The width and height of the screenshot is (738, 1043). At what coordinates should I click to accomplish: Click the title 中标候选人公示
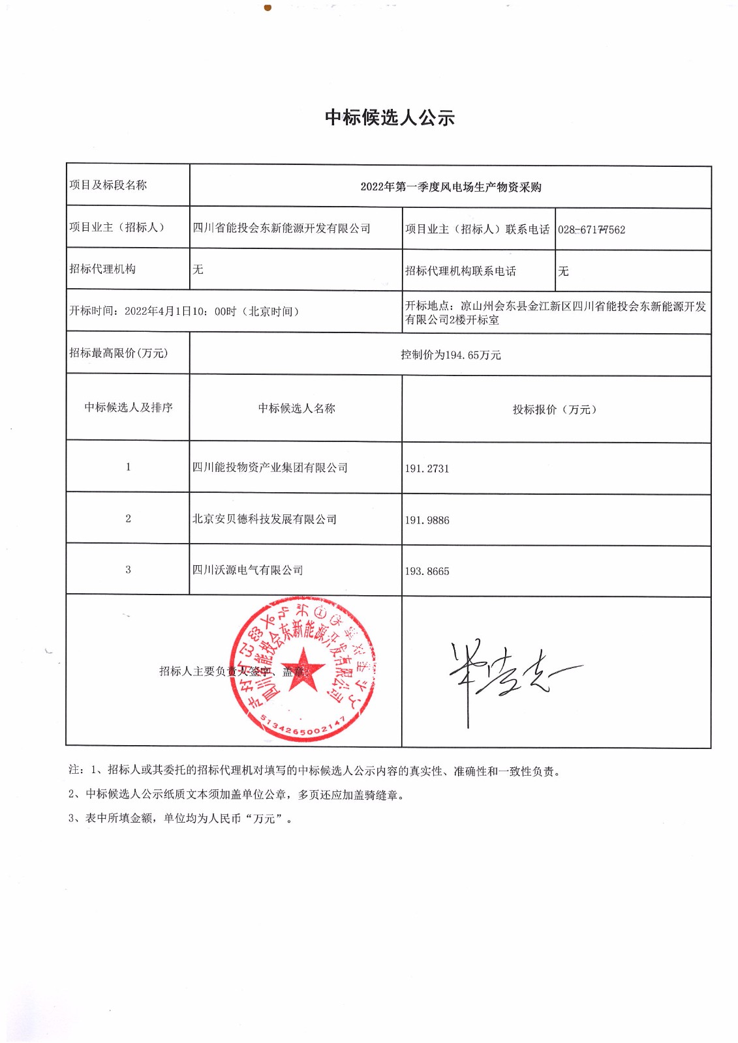pyautogui.click(x=390, y=118)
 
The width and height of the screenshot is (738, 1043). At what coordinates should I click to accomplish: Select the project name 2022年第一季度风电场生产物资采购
pyautogui.click(x=450, y=187)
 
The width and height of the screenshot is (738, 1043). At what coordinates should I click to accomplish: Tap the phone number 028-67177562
pyautogui.click(x=591, y=229)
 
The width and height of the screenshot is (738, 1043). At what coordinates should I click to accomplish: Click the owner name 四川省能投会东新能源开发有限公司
pyautogui.click(x=281, y=228)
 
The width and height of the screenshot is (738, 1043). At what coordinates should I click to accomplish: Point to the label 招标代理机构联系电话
pyautogui.click(x=460, y=271)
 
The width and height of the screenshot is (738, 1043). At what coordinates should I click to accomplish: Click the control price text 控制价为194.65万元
pyautogui.click(x=450, y=355)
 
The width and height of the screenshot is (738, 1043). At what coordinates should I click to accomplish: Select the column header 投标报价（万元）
pyautogui.click(x=555, y=409)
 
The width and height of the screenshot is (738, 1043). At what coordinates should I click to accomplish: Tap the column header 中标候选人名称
pyautogui.click(x=296, y=409)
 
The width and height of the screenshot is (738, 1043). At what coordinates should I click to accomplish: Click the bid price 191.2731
pyautogui.click(x=427, y=469)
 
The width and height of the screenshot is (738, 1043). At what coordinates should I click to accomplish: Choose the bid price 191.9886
pyautogui.click(x=427, y=520)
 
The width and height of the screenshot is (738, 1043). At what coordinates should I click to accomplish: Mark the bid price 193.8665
pyautogui.click(x=427, y=572)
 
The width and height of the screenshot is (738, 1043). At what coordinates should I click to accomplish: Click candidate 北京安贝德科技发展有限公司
pyautogui.click(x=264, y=520)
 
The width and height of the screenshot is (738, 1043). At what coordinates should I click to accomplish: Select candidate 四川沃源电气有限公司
pyautogui.click(x=247, y=570)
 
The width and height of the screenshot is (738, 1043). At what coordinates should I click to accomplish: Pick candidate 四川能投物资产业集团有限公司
pyautogui.click(x=269, y=468)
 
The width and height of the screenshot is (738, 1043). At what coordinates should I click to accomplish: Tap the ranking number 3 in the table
pyautogui.click(x=128, y=570)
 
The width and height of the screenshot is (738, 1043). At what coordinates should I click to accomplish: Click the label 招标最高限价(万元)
pyautogui.click(x=118, y=353)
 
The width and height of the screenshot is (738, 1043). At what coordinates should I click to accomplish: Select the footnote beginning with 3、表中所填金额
pyautogui.click(x=179, y=819)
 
